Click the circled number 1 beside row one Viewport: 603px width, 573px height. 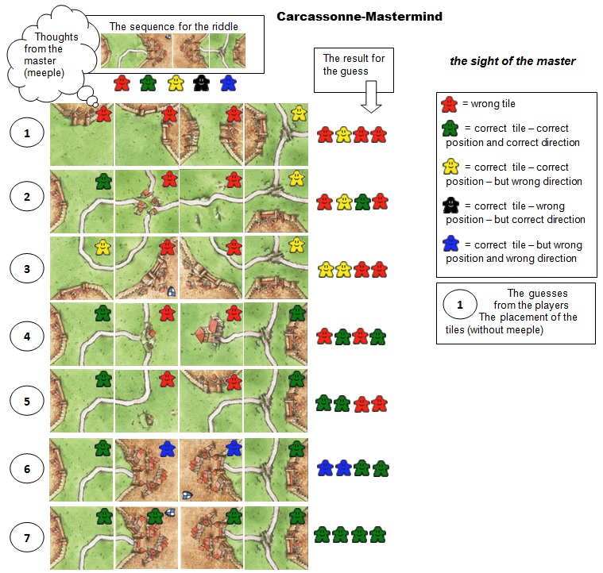point(27,133)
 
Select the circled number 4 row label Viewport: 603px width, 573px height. point(27,335)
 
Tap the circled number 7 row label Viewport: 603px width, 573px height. point(27,539)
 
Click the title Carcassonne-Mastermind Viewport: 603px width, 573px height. point(359,16)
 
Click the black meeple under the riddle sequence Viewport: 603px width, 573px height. point(202,83)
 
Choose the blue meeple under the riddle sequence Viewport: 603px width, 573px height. point(228,83)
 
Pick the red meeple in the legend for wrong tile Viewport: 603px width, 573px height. point(450,104)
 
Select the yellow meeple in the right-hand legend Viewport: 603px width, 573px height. point(450,167)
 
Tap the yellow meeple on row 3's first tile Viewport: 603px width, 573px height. point(102,248)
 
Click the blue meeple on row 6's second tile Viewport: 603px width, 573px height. point(167,449)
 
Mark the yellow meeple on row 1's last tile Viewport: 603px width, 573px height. point(298,113)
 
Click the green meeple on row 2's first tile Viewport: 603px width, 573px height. point(102,181)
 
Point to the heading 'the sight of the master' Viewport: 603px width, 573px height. point(512,61)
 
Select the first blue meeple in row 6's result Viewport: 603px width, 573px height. point(324,468)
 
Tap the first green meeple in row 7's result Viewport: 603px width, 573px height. point(322,535)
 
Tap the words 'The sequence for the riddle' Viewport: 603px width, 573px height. point(173,26)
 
